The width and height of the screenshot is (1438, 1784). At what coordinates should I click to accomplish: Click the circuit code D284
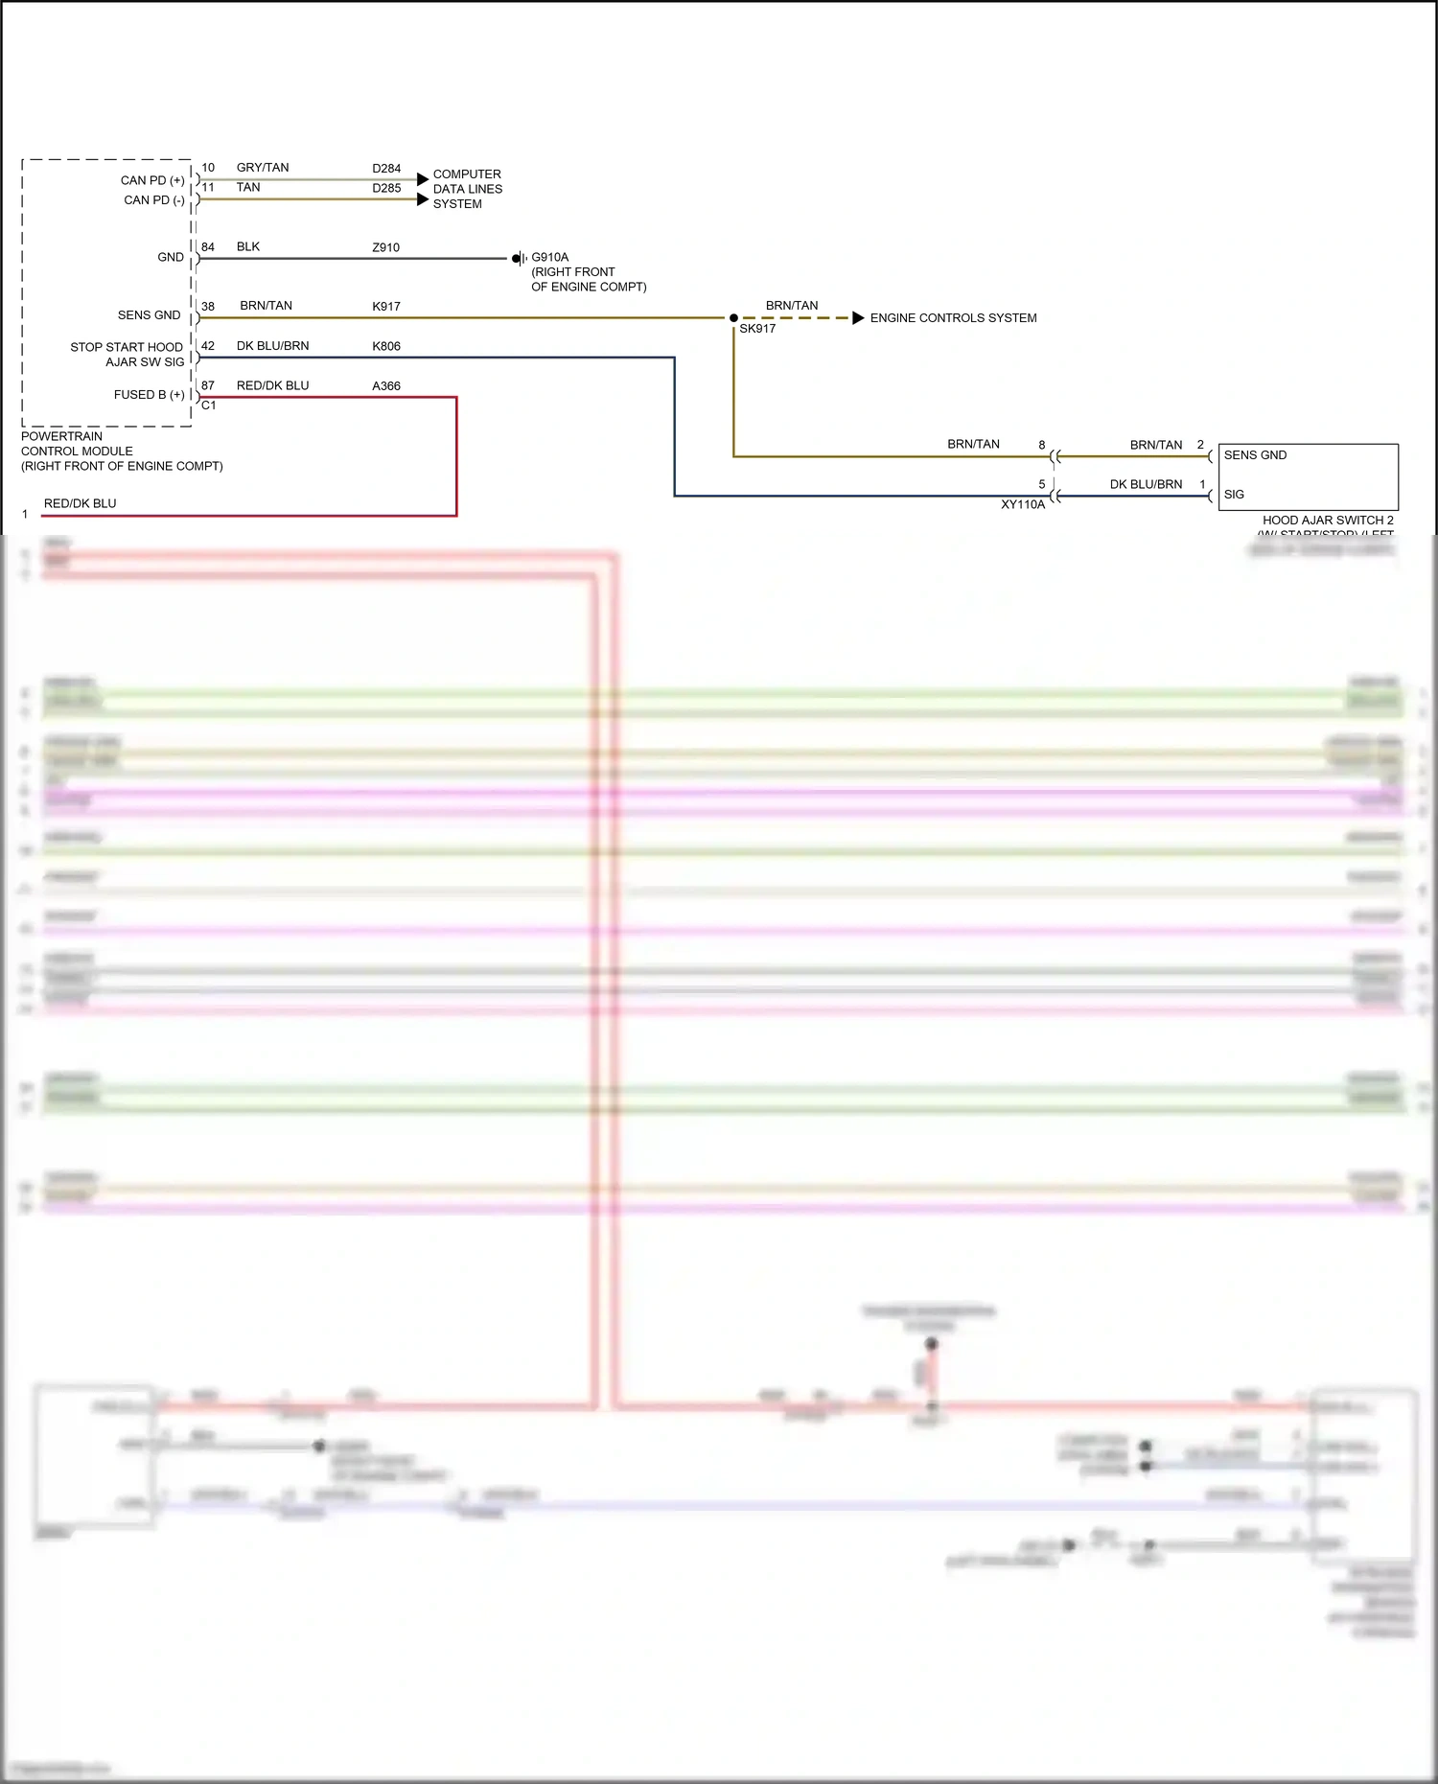(x=386, y=169)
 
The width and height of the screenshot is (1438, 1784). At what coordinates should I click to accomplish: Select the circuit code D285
(x=386, y=189)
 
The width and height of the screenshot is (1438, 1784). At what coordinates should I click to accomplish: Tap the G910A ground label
(x=550, y=257)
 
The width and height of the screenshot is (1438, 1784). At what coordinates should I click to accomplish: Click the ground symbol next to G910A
(x=519, y=259)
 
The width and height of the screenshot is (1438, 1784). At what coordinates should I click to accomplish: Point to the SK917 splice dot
(x=733, y=318)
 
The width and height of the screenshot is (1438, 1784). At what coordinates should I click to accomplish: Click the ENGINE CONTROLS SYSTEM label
(x=953, y=318)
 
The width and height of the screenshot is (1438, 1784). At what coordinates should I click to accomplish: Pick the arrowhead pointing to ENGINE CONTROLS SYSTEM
(x=858, y=318)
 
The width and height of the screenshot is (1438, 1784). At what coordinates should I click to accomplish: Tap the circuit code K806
(x=386, y=346)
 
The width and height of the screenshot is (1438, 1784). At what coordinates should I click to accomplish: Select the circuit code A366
(x=386, y=386)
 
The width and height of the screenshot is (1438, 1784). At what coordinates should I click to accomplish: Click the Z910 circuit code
(x=386, y=247)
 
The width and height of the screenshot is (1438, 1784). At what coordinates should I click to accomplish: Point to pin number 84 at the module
(x=208, y=247)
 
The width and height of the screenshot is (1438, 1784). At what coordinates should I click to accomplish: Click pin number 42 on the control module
(x=208, y=346)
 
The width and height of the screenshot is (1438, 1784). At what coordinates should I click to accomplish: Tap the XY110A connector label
(x=1023, y=505)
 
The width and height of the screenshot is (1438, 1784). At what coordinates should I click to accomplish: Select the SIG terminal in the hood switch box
(x=1234, y=495)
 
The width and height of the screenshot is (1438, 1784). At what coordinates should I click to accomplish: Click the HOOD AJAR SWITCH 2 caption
(x=1328, y=521)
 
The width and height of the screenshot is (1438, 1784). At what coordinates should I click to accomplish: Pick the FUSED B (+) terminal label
(x=149, y=395)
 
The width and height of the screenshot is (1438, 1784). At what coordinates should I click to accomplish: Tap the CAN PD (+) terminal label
(x=152, y=180)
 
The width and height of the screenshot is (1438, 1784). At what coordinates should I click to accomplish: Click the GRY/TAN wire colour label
(x=263, y=168)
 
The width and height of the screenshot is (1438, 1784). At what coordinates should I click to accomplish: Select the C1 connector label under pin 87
(x=209, y=405)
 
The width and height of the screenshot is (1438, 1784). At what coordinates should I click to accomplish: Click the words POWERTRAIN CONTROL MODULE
(x=77, y=444)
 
